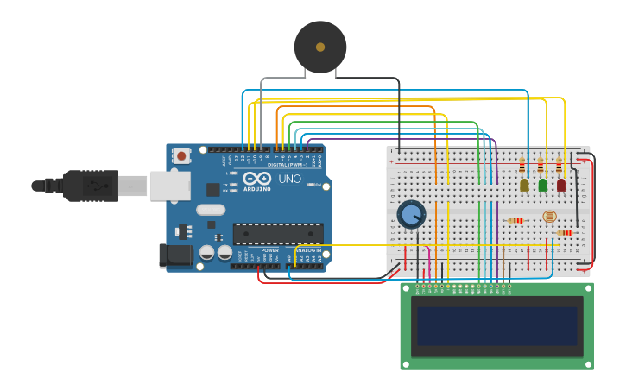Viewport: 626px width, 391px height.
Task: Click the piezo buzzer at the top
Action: tap(320, 47)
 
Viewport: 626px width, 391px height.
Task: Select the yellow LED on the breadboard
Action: tap(524, 185)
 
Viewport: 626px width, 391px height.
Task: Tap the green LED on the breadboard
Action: tap(542, 185)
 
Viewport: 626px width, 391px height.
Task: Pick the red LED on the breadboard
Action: tap(561, 185)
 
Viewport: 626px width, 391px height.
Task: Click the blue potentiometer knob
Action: tap(411, 213)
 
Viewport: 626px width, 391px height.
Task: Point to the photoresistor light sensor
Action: tap(549, 217)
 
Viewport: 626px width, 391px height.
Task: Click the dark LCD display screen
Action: tap(496, 325)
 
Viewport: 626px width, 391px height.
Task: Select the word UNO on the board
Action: tap(289, 179)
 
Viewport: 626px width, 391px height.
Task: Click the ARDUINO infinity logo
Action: tap(256, 178)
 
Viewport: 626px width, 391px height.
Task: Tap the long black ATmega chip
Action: tap(278, 233)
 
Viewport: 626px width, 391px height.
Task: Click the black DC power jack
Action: tap(175, 255)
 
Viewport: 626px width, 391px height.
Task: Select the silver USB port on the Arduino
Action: tap(170, 186)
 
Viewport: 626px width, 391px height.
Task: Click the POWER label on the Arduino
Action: tap(270, 250)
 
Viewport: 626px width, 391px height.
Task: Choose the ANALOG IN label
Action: tap(308, 250)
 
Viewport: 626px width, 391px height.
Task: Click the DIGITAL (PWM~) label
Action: tap(284, 164)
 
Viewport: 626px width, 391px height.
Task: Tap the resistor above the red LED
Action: tap(560, 167)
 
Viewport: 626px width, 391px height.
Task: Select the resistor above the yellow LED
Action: tap(522, 167)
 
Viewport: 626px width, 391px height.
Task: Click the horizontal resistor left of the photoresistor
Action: tap(516, 220)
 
